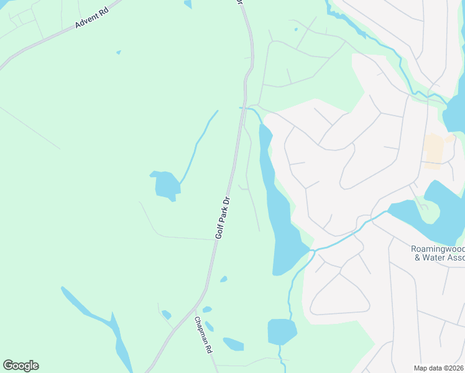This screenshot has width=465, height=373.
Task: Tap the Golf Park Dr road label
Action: (x=223, y=218)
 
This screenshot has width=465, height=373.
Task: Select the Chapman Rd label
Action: (x=203, y=336)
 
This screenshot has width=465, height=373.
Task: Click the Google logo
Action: (x=21, y=366)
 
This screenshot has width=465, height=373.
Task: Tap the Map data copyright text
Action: (x=439, y=368)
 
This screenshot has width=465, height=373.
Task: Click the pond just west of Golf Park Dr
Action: (x=166, y=185)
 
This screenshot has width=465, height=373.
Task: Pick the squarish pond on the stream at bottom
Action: (x=281, y=331)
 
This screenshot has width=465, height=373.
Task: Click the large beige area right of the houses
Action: (x=433, y=151)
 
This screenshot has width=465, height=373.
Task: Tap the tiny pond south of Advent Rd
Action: (x=118, y=52)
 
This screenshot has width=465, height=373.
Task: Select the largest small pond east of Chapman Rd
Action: (x=233, y=344)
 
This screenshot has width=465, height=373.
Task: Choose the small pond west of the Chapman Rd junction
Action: (x=166, y=315)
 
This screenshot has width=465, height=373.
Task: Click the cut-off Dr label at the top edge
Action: (x=239, y=2)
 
